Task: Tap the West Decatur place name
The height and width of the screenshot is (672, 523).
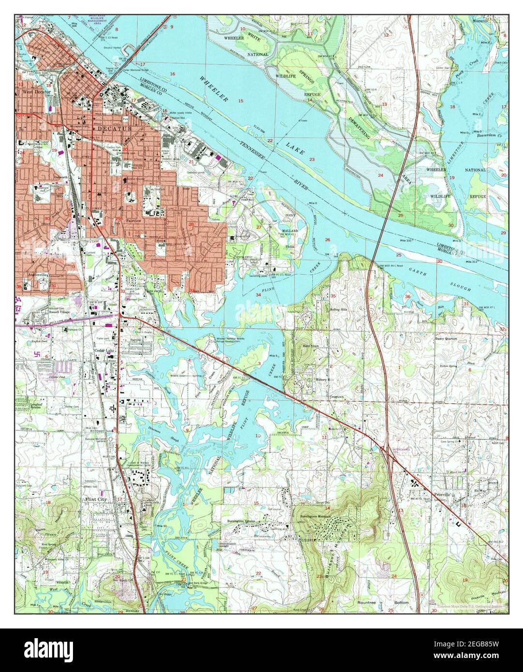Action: tap(33, 91)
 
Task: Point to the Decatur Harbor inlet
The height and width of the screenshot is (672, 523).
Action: tap(112, 48)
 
